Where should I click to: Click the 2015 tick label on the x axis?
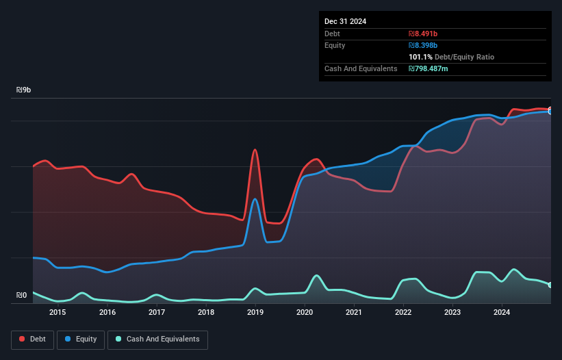pos(58,313)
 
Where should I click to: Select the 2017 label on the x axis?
pos(156,313)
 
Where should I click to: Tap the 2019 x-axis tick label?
pos(255,313)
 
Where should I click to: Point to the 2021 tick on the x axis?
pos(354,313)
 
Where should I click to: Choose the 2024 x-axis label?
pos(502,313)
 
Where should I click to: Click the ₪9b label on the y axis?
pos(24,90)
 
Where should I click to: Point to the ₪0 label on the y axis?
pos(22,296)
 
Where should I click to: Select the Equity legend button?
pos(80,339)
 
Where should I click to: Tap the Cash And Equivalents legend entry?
pos(157,339)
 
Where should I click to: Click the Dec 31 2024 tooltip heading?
pos(345,21)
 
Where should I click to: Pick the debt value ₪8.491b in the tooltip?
pos(423,34)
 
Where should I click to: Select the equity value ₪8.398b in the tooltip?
pos(423,45)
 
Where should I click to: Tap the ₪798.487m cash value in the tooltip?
pos(429,68)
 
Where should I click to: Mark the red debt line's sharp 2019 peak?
pos(255,149)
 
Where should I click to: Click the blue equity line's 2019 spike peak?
pos(255,199)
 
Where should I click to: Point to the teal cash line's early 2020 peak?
pos(316,275)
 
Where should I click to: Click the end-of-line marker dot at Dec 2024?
pos(550,110)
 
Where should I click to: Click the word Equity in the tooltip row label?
pos(335,45)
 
